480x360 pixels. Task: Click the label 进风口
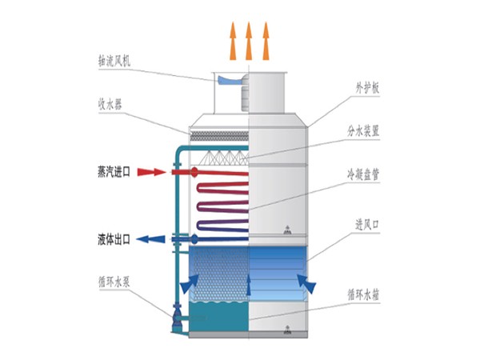coord(364,226)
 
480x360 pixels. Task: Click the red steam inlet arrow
coord(152,171)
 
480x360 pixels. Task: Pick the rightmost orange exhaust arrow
coord(266,40)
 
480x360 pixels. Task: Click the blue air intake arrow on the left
coord(190,282)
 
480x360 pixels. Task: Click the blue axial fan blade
coord(233,80)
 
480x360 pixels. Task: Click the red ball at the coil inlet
coord(196,171)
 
